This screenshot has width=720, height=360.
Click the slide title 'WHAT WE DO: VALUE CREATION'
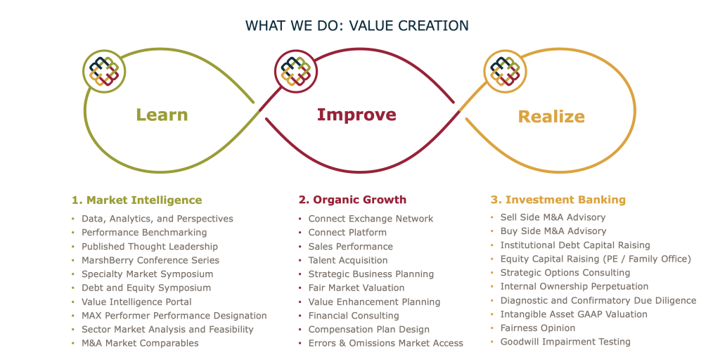pos(356,26)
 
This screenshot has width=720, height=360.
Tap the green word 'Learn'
pos(162,115)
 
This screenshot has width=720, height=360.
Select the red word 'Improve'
pos(356,115)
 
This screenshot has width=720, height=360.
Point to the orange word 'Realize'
pos(551,117)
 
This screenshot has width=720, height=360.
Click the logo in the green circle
pos(104,71)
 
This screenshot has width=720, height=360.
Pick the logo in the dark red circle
pos(296,71)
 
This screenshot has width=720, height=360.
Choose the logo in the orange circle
pos(506,71)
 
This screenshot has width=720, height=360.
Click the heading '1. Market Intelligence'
pos(137,200)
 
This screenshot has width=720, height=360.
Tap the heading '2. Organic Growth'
pos(353,200)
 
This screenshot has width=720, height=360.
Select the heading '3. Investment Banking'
pos(558,200)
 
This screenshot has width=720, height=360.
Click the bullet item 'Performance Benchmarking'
pos(144,233)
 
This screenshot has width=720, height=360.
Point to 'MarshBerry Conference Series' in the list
pos(150,260)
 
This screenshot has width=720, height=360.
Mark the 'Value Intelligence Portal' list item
pos(137,302)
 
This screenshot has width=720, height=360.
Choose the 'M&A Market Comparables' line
pos(140,343)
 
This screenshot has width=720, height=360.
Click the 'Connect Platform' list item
pos(347,232)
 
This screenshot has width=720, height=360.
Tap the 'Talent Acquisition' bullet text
pos(348,260)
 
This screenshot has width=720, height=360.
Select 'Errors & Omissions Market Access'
pos(386,343)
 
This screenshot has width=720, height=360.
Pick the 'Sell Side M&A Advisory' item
pos(553,217)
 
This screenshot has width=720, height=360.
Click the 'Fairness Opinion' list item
pos(538,328)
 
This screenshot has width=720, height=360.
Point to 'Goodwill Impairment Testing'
pos(565,342)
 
